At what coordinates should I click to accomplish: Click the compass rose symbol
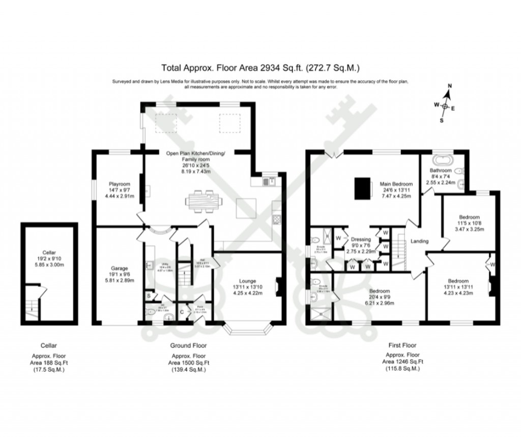(445, 106)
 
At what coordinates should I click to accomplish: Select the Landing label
(420, 241)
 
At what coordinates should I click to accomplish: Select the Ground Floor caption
(188, 345)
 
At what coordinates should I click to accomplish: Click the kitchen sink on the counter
(269, 180)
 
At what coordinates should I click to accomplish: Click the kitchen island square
(249, 209)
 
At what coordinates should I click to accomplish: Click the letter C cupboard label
(181, 312)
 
